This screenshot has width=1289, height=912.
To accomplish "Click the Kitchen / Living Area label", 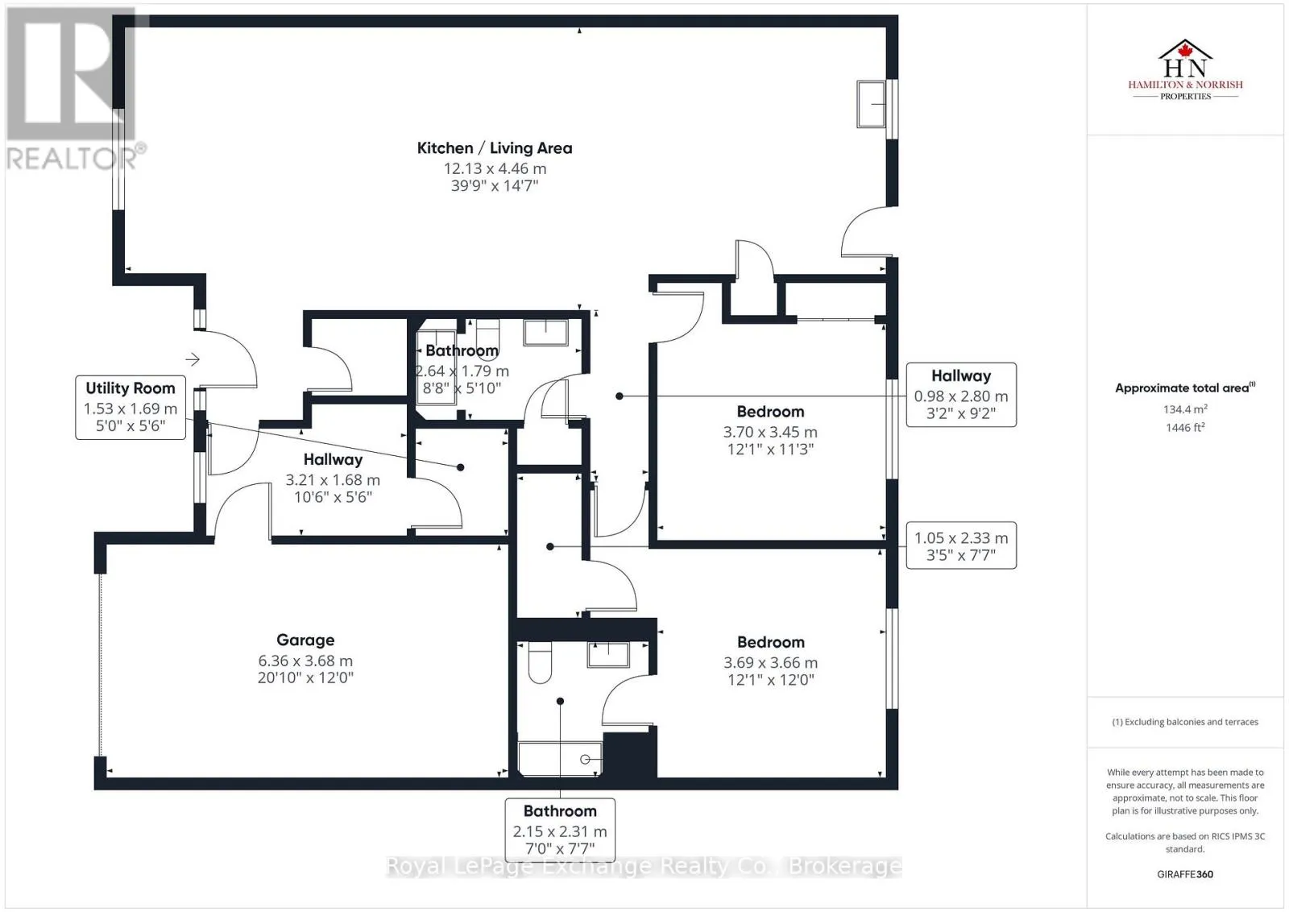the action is pyautogui.click(x=495, y=148).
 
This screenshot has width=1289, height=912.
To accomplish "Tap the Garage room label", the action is pyautogui.click(x=305, y=640).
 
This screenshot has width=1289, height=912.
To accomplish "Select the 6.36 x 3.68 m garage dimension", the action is pyautogui.click(x=305, y=661).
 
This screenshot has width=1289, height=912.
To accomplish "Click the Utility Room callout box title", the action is pyautogui.click(x=131, y=388).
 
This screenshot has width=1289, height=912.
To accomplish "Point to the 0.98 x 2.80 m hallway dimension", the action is pyautogui.click(x=961, y=396).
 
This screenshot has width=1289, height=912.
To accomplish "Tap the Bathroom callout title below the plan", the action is pyautogui.click(x=560, y=811).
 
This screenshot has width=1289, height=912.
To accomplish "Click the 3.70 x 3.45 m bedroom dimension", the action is pyautogui.click(x=770, y=432).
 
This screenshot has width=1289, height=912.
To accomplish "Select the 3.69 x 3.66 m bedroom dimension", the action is pyautogui.click(x=770, y=663).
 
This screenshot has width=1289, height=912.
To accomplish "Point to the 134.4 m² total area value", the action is pyautogui.click(x=1185, y=409).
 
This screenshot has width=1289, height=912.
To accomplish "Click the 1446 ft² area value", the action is pyautogui.click(x=1185, y=428).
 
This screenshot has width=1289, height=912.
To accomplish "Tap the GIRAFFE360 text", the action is pyautogui.click(x=1185, y=874).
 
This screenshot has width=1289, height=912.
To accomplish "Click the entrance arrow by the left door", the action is pyautogui.click(x=193, y=359).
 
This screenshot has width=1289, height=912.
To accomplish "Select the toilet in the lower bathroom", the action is pyautogui.click(x=540, y=661).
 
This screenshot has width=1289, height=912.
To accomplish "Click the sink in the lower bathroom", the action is pyautogui.click(x=608, y=655).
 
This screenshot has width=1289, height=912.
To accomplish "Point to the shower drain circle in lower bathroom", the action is pyautogui.click(x=585, y=760).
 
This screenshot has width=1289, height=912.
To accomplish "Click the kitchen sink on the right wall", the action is pyautogui.click(x=871, y=104).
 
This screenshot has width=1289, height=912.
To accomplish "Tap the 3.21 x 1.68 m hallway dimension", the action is pyautogui.click(x=333, y=480).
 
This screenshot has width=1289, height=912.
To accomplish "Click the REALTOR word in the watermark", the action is pyautogui.click(x=72, y=158).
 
